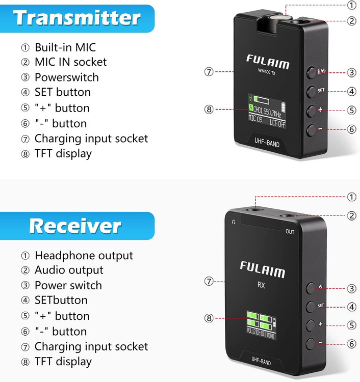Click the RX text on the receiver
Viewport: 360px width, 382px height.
pyautogui.click(x=261, y=285)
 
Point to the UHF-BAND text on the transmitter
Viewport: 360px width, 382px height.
pyautogui.click(x=267, y=144)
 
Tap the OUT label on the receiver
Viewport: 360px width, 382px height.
pyautogui.click(x=290, y=231)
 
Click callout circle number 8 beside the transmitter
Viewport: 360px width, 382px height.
pyautogui.click(x=209, y=109)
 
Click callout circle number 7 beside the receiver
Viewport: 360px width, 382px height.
pyautogui.click(x=208, y=281)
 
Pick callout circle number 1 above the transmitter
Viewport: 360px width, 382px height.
pyautogui.click(x=351, y=6)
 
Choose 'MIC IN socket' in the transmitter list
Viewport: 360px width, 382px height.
pyautogui.click(x=70, y=62)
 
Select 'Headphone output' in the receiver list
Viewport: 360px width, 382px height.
pyautogui.click(x=84, y=255)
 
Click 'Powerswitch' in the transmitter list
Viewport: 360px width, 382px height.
pyautogui.click(x=66, y=77)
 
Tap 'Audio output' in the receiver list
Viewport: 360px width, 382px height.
pyautogui.click(x=69, y=270)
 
